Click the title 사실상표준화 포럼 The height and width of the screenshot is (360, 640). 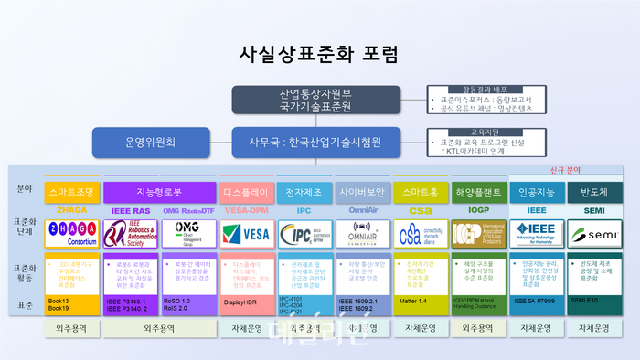pyautogui.click(x=319, y=53)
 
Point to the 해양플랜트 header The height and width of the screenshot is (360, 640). pyautogui.click(x=478, y=192)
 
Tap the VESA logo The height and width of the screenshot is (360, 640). pyautogui.click(x=245, y=234)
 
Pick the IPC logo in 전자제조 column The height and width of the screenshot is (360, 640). pyautogui.click(x=303, y=234)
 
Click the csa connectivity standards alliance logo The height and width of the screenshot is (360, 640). pyautogui.click(x=420, y=234)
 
